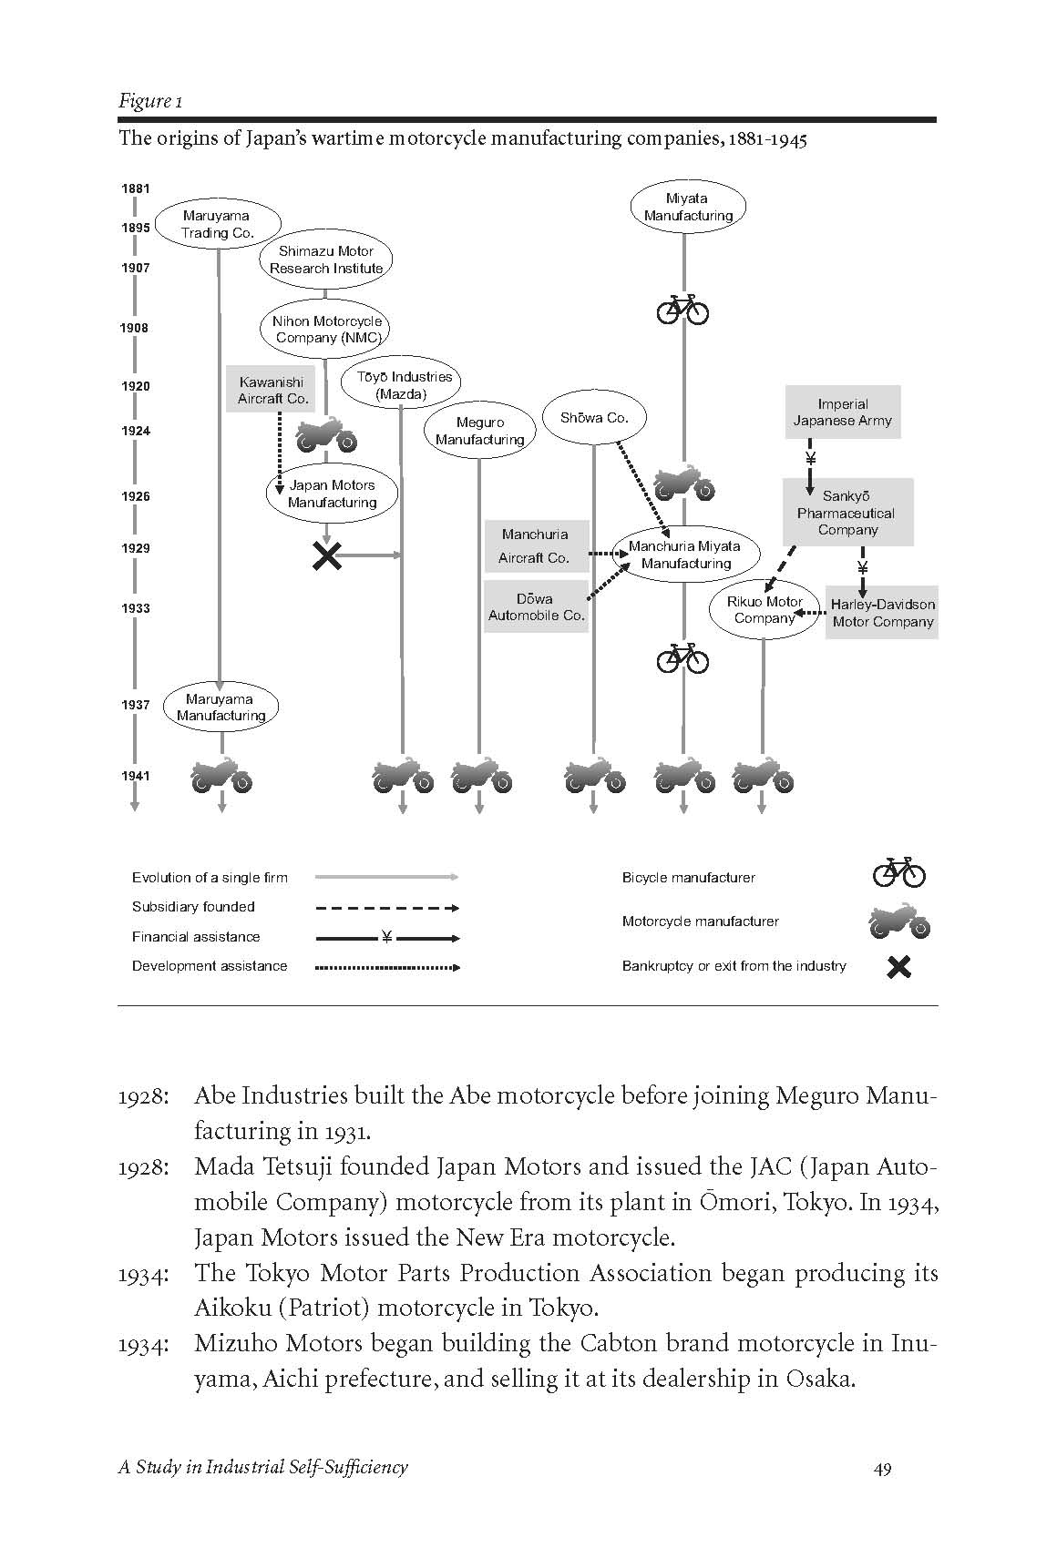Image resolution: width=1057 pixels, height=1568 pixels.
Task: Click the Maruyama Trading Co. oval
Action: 217,224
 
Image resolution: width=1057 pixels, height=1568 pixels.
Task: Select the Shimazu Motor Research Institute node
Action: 326,260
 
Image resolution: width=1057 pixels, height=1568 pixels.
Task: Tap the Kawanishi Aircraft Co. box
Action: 272,390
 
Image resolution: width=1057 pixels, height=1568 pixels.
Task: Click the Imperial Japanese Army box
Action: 842,412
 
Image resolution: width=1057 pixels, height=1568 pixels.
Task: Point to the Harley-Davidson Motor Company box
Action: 882,613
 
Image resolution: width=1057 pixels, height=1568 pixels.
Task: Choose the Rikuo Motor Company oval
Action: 764,610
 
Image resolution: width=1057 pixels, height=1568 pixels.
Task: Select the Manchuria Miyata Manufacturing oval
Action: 684,555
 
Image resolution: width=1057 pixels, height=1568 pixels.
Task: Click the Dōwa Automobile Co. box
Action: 536,606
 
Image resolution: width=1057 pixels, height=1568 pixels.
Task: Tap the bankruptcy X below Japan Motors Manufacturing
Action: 326,555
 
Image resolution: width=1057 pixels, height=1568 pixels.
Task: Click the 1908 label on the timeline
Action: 135,328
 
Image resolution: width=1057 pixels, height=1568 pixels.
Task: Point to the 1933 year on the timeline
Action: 135,608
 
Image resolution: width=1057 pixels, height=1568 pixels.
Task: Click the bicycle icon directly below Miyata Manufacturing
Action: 682,309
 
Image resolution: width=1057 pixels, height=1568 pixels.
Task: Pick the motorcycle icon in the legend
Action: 898,921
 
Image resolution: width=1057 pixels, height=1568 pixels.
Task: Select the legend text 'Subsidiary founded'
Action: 193,907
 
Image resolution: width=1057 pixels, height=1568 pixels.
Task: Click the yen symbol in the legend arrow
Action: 386,937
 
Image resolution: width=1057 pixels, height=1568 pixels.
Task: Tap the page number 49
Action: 881,1468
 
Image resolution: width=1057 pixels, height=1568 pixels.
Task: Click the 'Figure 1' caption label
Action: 149,101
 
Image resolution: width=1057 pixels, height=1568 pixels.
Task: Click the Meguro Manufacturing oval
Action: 479,431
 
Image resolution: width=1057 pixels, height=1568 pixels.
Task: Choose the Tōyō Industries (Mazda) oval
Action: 401,385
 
